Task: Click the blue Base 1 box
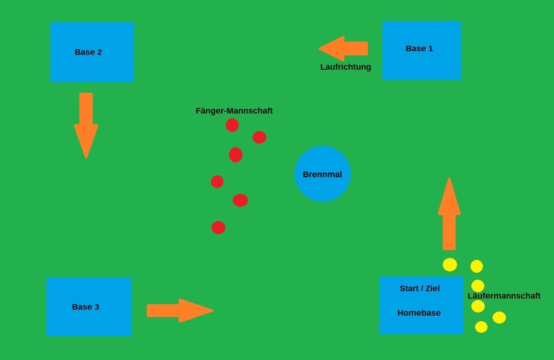point(422,62)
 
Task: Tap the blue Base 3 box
point(89,318)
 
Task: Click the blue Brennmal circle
point(323,185)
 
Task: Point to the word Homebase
point(419,313)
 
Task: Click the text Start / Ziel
point(420,288)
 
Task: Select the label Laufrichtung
point(345,67)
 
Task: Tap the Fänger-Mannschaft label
point(234,111)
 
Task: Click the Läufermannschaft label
point(504,296)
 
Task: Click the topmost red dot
point(232,125)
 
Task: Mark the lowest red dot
point(218,228)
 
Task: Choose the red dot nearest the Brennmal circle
point(259,137)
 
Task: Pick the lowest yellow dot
point(481,327)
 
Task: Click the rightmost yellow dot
point(499,318)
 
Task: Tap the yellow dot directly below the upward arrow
point(450,264)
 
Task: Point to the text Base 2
point(88,52)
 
